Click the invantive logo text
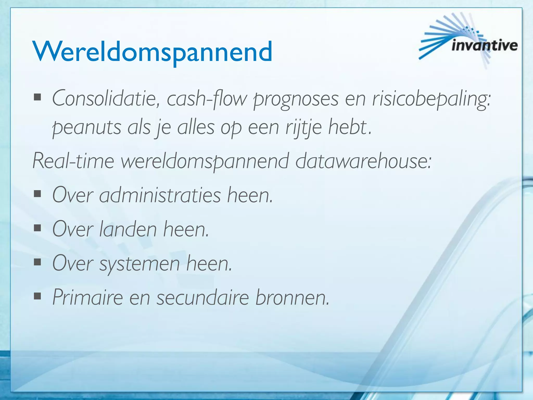pos(484,46)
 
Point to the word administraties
pos(160,195)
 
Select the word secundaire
pos(203,297)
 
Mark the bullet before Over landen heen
pos(38,228)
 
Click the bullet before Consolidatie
pos(38,97)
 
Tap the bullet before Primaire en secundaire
pos(38,296)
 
